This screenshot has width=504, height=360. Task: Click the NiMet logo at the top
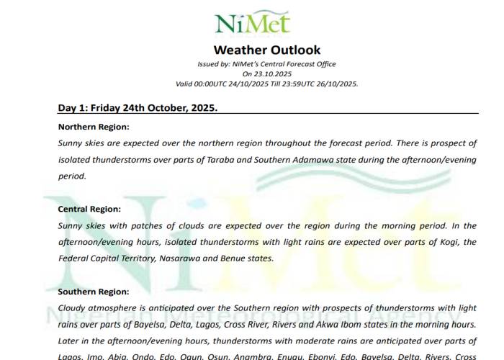tap(253, 22)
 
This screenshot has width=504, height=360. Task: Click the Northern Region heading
tap(92, 127)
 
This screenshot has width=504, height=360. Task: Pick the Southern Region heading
tap(94, 292)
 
